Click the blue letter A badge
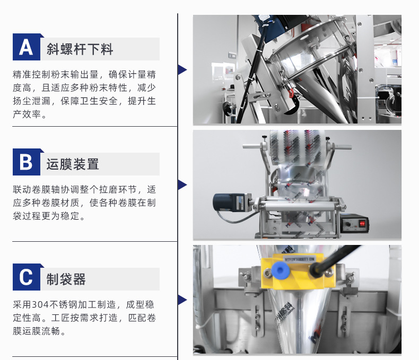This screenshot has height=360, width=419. point(27,47)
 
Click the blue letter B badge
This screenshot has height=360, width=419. point(27,162)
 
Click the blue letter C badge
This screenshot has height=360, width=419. point(27,277)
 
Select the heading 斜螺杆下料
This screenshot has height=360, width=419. point(80,49)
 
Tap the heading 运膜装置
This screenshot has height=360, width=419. point(73,164)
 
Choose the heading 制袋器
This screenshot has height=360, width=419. point(66,279)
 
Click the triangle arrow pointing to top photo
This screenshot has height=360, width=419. point(182,69)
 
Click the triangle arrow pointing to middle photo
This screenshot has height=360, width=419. point(182,185)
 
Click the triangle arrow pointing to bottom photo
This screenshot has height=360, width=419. point(182,300)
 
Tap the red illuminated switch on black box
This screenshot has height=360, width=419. point(362,223)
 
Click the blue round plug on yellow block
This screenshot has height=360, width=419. point(280,270)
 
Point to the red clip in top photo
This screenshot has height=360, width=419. point(290,93)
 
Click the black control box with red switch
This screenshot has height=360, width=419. point(355,223)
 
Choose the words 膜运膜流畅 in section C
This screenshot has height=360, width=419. point(37,331)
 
